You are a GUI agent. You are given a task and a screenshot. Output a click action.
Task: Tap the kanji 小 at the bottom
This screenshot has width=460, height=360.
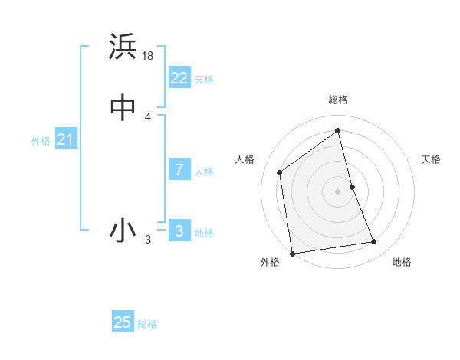pyautogui.click(x=123, y=230)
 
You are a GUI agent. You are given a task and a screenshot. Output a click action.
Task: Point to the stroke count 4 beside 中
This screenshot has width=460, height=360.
pyautogui.click(x=148, y=117)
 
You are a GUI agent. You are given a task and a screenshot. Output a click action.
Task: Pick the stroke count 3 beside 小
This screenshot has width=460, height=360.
pyautogui.click(x=148, y=240)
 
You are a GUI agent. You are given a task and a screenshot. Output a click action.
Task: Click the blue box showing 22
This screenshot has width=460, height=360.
pyautogui.click(x=179, y=78)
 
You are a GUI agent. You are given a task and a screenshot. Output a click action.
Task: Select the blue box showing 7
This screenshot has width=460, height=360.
pyautogui.click(x=179, y=170)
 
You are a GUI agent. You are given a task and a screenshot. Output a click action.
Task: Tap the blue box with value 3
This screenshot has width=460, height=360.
pyautogui.click(x=179, y=231)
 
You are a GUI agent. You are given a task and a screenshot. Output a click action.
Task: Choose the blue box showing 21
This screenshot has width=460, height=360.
pyautogui.click(x=65, y=139)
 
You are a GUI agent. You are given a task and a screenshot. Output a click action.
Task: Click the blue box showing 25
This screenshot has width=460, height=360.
pyautogui.click(x=123, y=322)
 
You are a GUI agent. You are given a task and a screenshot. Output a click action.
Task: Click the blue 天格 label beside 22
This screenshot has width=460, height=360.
pyautogui.click(x=204, y=80)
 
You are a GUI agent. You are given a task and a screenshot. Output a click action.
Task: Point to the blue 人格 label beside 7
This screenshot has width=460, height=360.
pyautogui.click(x=204, y=172)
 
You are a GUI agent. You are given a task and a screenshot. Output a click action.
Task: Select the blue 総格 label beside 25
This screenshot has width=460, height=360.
pyautogui.click(x=147, y=324)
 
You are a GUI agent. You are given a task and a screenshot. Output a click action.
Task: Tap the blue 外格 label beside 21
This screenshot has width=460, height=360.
pyautogui.click(x=41, y=141)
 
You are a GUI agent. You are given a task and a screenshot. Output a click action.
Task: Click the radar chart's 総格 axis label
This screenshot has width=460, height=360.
pyautogui.click(x=338, y=100)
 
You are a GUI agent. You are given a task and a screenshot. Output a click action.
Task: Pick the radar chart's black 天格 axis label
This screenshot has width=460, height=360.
pyautogui.click(x=431, y=159)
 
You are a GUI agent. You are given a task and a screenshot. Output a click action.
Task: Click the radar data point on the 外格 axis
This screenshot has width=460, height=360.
pyautogui.click(x=291, y=254)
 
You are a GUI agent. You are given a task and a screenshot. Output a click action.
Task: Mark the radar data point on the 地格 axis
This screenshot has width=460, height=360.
pyautogui.click(x=374, y=242)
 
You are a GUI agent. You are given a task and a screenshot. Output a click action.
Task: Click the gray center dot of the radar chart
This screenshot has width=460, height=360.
pyautogui.click(x=338, y=191)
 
